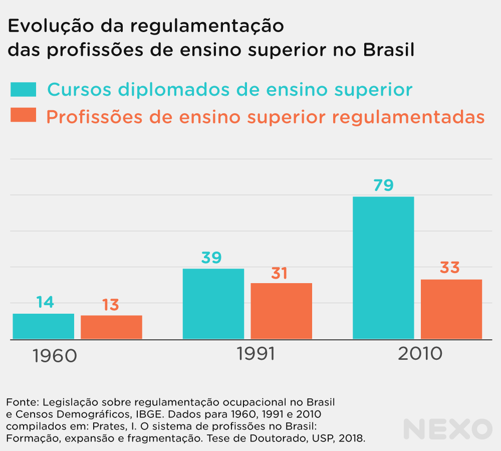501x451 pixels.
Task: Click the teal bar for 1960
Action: (x=43, y=326)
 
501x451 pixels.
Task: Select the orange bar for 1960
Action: (x=111, y=327)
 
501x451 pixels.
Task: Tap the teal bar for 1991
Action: (x=213, y=304)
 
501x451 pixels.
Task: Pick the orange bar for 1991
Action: (x=282, y=311)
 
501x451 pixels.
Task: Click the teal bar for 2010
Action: (x=383, y=268)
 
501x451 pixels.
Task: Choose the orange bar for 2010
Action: (x=451, y=309)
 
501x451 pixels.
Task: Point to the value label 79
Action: (x=383, y=185)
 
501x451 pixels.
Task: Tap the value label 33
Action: (x=449, y=268)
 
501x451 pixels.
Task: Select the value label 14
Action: (x=45, y=302)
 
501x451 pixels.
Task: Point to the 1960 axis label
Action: (x=55, y=356)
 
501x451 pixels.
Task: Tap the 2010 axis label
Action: (x=420, y=354)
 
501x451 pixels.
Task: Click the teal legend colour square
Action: (x=24, y=89)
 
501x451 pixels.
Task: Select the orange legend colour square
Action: (x=24, y=116)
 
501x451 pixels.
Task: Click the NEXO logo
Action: (x=448, y=429)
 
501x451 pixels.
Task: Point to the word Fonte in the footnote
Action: (x=20, y=402)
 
